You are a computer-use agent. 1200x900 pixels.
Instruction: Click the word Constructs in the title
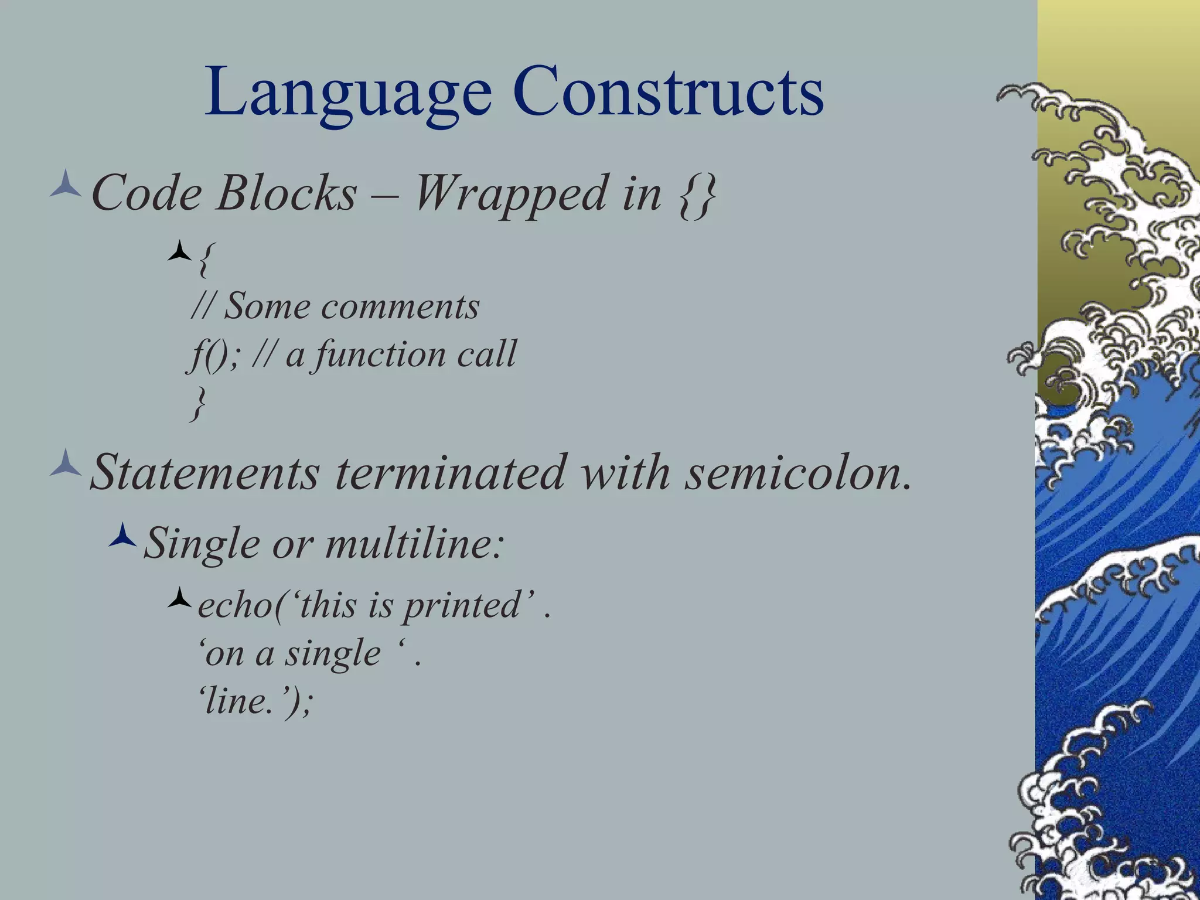click(668, 92)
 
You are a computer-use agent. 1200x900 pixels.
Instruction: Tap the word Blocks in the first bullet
click(287, 193)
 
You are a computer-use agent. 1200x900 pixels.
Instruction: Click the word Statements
click(205, 472)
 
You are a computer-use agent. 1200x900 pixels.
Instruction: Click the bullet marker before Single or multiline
click(122, 535)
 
